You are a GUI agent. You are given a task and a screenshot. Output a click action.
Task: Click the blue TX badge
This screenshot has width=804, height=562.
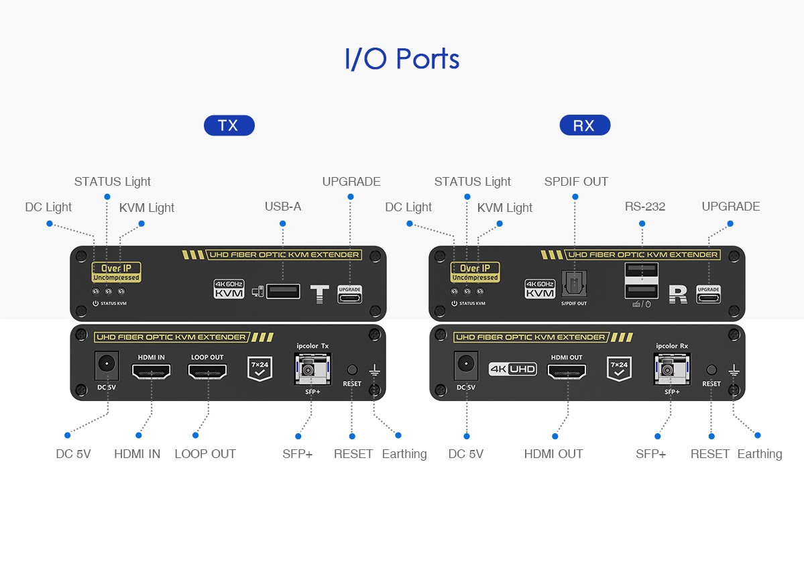pyautogui.click(x=229, y=125)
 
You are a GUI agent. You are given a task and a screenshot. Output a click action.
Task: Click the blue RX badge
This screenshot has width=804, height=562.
pyautogui.click(x=584, y=125)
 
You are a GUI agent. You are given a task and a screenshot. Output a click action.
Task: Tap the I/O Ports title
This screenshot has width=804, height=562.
pyautogui.click(x=402, y=59)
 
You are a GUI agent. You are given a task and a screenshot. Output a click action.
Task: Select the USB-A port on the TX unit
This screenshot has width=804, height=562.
pyautogui.click(x=283, y=291)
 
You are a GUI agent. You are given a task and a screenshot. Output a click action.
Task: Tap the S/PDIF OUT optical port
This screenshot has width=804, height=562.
pyautogui.click(x=574, y=286)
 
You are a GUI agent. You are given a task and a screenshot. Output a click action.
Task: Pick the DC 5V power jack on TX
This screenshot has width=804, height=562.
pyautogui.click(x=107, y=366)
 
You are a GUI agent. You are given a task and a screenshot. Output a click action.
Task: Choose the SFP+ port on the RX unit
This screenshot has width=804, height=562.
pyautogui.click(x=668, y=370)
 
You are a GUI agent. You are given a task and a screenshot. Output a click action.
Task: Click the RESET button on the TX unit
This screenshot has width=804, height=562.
pyautogui.click(x=352, y=370)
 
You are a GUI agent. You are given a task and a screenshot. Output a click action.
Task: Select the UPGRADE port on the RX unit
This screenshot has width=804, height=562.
pyautogui.click(x=708, y=295)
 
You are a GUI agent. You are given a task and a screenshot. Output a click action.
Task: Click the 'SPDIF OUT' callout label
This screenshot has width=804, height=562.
pyautogui.click(x=576, y=182)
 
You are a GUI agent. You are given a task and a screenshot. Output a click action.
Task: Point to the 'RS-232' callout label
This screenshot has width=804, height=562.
pyautogui.click(x=645, y=207)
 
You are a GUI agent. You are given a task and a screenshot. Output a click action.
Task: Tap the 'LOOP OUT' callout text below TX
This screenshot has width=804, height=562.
pyautogui.click(x=205, y=454)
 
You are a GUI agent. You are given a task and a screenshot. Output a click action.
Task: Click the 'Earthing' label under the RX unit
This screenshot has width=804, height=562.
pyautogui.click(x=759, y=454)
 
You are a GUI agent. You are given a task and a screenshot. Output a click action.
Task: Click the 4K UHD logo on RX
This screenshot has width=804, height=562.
pyautogui.click(x=513, y=369)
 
